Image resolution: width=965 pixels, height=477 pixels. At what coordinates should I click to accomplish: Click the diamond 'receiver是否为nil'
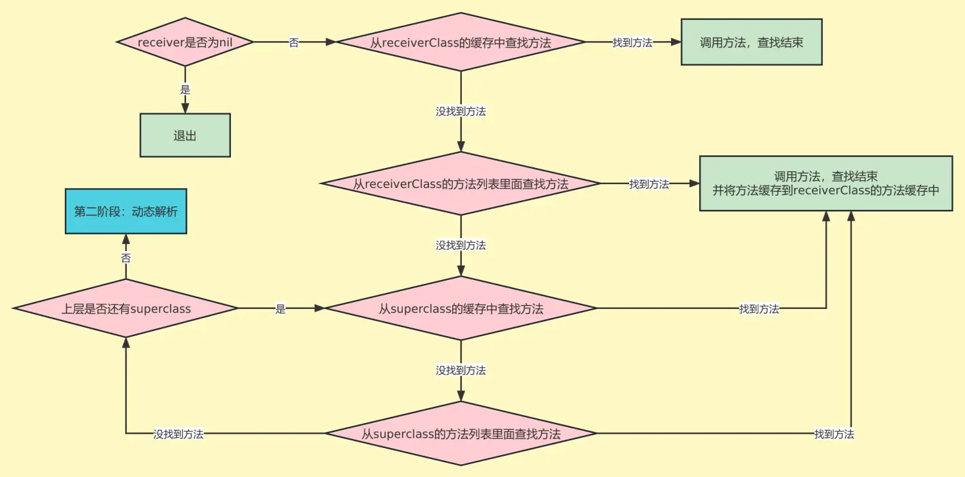[x=185, y=42]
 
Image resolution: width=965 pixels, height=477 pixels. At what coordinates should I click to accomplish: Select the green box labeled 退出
[x=185, y=135]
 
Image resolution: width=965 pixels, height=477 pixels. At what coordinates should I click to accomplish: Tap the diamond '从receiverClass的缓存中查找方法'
[x=461, y=42]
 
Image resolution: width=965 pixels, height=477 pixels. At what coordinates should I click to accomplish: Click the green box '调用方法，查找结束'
[x=751, y=42]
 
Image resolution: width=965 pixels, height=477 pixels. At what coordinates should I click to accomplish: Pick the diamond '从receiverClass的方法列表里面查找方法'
[x=461, y=183]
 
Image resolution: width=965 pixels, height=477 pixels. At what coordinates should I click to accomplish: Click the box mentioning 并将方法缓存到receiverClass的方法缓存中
[x=826, y=183]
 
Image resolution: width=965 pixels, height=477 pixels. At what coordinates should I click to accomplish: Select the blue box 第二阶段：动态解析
[x=125, y=211]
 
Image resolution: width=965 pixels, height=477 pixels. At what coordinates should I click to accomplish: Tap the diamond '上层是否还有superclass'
[x=126, y=308]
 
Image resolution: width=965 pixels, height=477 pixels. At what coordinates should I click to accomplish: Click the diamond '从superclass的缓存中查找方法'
[x=461, y=308]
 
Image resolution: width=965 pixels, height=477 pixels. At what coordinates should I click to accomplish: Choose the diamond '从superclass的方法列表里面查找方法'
[x=461, y=433]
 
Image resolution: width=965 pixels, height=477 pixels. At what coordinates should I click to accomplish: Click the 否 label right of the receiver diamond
[x=293, y=43]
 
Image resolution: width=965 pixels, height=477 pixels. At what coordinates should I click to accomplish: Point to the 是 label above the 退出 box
[x=185, y=90]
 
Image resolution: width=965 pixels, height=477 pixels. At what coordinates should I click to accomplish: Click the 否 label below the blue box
[x=126, y=257]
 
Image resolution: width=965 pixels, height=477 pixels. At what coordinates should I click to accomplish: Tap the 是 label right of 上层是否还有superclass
[x=280, y=309]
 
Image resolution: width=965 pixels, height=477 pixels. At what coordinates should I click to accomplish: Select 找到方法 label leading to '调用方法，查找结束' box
[x=632, y=43]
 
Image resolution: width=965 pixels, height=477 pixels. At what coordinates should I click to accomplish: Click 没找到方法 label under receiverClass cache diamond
[x=461, y=111]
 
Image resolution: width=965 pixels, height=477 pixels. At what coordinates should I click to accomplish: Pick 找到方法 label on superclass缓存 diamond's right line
[x=759, y=309]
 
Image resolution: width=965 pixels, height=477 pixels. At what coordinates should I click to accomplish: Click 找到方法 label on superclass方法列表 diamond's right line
[x=834, y=434]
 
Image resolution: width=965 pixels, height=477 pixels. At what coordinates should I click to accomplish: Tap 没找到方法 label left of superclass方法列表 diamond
[x=178, y=434]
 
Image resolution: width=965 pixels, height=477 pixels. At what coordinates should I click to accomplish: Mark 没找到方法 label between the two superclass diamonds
[x=461, y=370]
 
